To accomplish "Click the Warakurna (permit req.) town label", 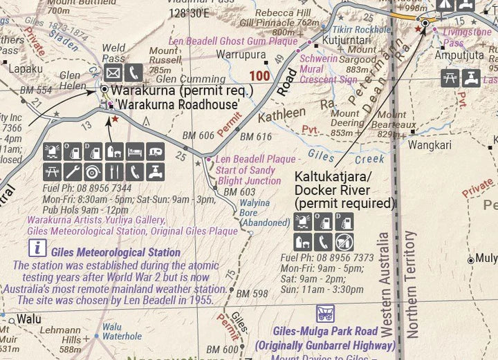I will point(182,91).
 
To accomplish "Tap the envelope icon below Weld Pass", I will point(113,73).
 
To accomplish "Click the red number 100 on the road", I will point(260,75).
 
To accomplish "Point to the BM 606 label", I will point(198,136).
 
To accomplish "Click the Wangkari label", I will point(429,145).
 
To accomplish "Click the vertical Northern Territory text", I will point(412,283).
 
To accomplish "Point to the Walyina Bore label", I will point(263,213).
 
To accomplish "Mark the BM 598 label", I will point(251,294).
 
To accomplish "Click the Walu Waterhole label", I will point(122,332).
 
